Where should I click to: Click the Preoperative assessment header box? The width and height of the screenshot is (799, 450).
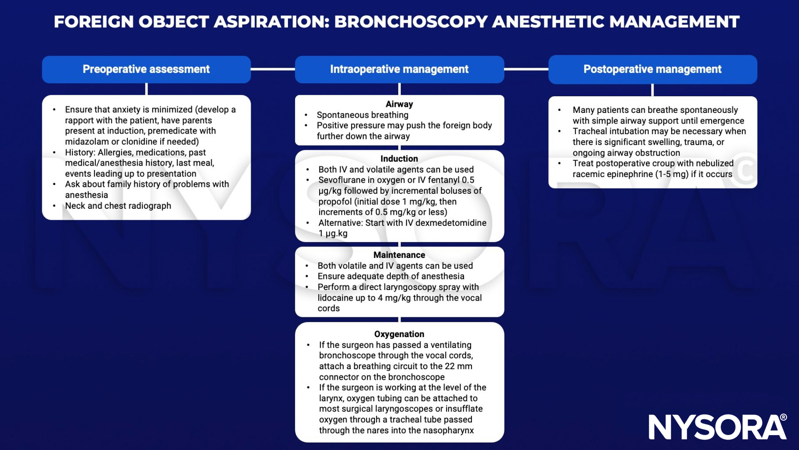click(x=146, y=69)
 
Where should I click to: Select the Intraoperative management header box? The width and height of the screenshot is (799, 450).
click(x=399, y=69)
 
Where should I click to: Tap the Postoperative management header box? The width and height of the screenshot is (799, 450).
click(x=652, y=69)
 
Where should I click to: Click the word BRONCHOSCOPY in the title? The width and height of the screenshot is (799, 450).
click(x=410, y=22)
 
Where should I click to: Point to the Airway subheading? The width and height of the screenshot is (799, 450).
click(x=399, y=104)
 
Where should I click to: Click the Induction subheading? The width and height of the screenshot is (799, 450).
click(x=399, y=159)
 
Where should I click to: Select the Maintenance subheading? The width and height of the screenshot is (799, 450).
click(x=399, y=255)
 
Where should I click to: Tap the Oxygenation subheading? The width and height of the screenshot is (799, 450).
click(x=399, y=334)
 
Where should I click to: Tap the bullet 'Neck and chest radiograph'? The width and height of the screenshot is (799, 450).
click(x=118, y=206)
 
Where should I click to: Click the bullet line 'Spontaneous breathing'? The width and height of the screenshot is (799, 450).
click(x=363, y=115)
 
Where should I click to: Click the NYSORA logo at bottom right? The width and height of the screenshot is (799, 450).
click(x=717, y=426)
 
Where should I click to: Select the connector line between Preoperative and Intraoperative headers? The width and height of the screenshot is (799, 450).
click(x=273, y=69)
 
